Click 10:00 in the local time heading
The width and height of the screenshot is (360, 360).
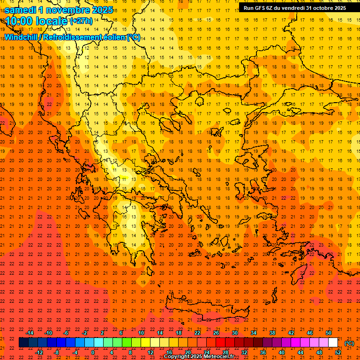click(19, 21)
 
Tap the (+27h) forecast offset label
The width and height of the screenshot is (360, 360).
click(81, 21)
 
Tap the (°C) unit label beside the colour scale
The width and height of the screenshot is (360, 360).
click(349, 343)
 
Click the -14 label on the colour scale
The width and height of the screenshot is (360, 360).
click(30, 333)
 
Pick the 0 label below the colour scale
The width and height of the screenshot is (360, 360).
click(93, 352)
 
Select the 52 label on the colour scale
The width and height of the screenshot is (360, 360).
click(338, 352)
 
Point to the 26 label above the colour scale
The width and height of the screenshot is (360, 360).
click(216, 333)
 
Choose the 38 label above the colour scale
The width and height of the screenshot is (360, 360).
click(272, 333)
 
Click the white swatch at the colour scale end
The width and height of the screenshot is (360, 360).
click(333, 343)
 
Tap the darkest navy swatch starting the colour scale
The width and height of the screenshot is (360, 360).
click(23, 343)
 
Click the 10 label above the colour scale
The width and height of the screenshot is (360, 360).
click(141, 333)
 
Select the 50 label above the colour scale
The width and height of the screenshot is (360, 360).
click(329, 333)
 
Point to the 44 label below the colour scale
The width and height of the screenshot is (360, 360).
click(300, 352)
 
